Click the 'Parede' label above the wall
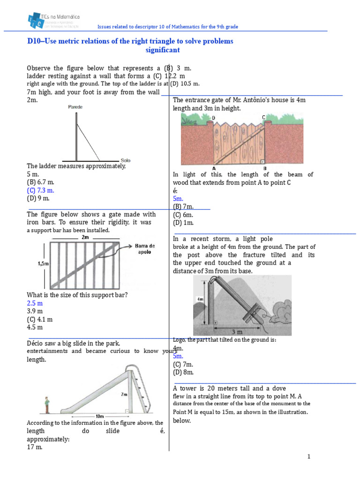point(75,107)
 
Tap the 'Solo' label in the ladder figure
point(126,160)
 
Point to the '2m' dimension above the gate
point(85,237)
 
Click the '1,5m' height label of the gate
point(43,264)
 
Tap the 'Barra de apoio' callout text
point(145,248)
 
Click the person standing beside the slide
point(46,405)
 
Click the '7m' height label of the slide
point(124,395)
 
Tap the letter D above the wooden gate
point(214,117)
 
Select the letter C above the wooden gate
point(263,117)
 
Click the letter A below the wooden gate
point(214,168)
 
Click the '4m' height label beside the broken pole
point(199,299)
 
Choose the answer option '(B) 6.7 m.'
point(40,182)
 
